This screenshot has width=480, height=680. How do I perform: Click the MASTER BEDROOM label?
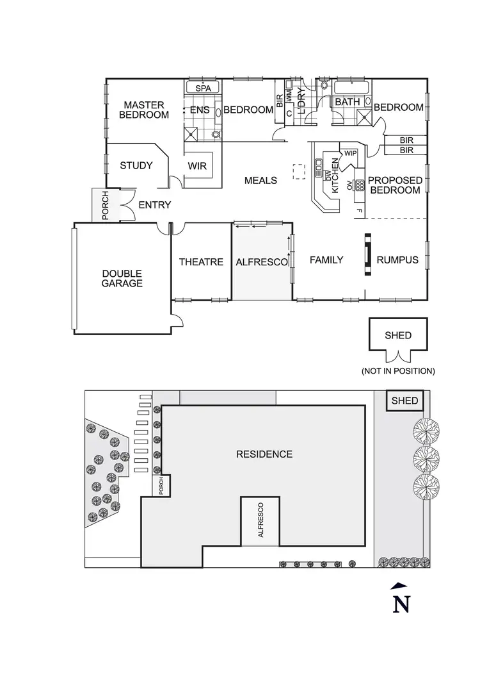point(144,110)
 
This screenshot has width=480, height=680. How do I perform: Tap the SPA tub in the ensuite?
point(203,87)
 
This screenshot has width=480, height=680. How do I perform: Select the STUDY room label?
point(136,165)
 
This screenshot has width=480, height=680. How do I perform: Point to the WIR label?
point(197,166)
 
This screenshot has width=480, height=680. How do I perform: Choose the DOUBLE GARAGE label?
point(122,278)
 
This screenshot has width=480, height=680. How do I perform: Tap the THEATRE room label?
point(201,261)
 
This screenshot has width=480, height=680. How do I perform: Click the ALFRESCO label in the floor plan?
point(262,261)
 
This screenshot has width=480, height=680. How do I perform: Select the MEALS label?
point(261,180)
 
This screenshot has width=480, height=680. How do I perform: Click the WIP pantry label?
point(350,153)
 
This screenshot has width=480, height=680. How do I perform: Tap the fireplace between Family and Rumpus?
point(368,254)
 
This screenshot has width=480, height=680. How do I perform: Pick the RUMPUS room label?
point(397,260)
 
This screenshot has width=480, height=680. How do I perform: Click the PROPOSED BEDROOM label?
point(396,185)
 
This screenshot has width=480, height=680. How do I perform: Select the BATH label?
point(348,101)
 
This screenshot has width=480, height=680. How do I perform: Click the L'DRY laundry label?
point(303,100)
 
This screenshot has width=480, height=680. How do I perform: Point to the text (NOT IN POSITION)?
point(398,370)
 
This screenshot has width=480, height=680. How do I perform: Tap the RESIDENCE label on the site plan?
point(264,454)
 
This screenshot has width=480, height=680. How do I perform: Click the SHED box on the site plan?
point(405,401)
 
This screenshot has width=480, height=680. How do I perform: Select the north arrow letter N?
point(401,604)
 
